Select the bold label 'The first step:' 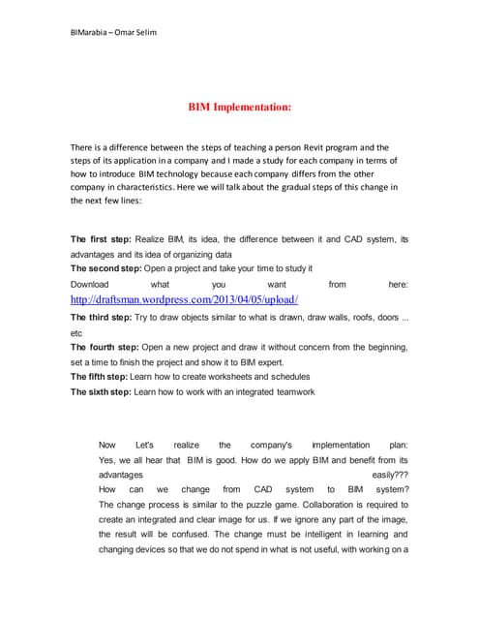point(103,238)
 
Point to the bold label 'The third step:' point(105,317)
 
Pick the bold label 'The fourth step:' point(106,347)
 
